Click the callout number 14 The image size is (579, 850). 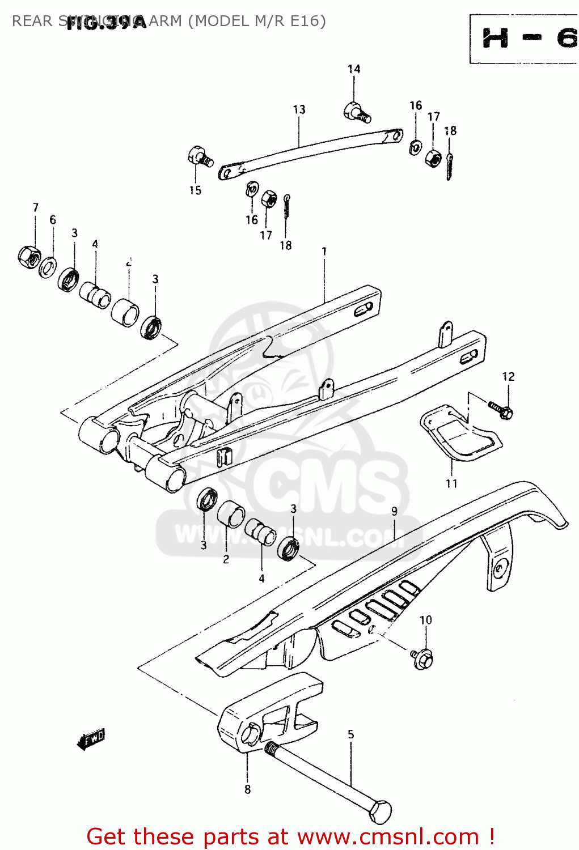[354, 69]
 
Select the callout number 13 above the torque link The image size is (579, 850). [299, 109]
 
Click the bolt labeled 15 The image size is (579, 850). [199, 156]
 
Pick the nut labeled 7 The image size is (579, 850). [28, 256]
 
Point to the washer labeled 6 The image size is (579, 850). [48, 266]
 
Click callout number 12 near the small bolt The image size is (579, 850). [508, 376]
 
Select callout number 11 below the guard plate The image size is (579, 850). [451, 483]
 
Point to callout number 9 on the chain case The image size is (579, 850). [395, 511]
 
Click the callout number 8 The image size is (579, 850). [247, 789]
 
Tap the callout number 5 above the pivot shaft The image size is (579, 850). [350, 734]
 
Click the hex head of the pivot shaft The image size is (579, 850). [381, 812]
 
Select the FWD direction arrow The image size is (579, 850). [91, 739]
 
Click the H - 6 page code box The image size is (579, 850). [525, 39]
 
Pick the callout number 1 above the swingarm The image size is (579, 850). [324, 251]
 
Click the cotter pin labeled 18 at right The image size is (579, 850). [449, 167]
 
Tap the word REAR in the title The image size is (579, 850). [32, 21]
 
